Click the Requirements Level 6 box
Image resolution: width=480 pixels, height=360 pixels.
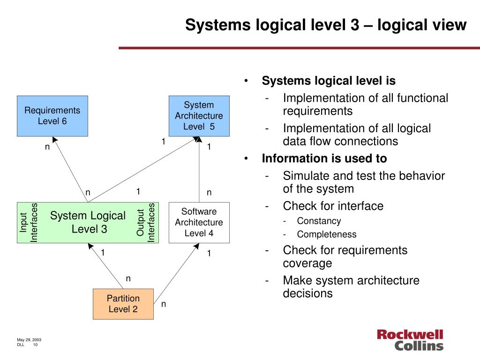tap(52, 116)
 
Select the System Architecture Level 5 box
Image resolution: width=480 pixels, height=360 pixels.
tap(199, 116)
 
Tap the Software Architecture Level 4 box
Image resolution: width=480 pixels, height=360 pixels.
tap(199, 223)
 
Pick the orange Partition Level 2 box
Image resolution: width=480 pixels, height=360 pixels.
tap(123, 304)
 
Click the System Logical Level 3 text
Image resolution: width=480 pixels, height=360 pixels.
tap(88, 222)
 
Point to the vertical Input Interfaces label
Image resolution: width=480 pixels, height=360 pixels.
tap(29, 223)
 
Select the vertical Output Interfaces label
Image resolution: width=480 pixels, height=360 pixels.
tap(146, 223)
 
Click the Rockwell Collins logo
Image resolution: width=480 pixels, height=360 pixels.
tap(410, 340)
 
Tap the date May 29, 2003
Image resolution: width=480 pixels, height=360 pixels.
tap(29, 340)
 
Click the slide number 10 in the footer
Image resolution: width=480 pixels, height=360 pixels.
tap(35, 345)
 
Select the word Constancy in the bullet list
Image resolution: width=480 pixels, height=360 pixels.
tap(319, 221)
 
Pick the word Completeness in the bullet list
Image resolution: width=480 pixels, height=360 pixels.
tap(327, 234)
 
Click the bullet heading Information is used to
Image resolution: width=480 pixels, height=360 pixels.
tap(324, 158)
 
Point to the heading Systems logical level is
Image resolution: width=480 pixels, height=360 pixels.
tap(329, 81)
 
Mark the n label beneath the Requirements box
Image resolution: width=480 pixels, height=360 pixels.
tap(47, 147)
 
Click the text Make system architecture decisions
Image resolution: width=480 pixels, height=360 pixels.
tap(351, 287)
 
